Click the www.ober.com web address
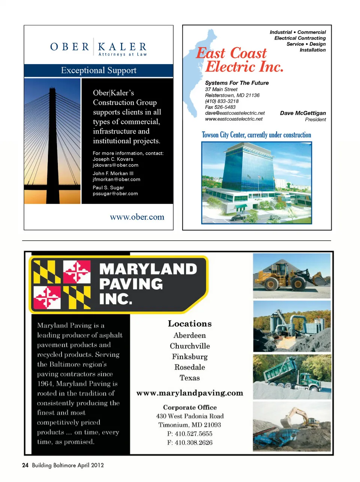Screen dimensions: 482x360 coord(137,217)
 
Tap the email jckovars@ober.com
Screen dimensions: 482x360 coord(115,165)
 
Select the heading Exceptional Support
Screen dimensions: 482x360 coord(99,71)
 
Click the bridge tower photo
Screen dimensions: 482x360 coord(52,141)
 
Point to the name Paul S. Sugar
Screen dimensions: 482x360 coord(108,188)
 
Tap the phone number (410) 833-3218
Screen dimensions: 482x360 coord(222,101)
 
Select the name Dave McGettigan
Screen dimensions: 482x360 coord(303,113)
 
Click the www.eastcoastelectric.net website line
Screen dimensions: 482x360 coord(234,119)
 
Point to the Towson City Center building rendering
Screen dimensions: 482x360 coord(256,183)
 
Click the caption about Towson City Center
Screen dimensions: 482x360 coord(256,135)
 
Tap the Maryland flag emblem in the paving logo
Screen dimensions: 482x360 coord(62,284)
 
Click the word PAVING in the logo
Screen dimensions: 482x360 coord(131,284)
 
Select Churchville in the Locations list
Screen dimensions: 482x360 coord(190,346)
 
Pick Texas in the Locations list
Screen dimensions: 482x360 coord(190,378)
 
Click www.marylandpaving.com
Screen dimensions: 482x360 coord(190,393)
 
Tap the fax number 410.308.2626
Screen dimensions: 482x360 coord(190,443)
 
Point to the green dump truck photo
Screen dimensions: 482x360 coord(292,377)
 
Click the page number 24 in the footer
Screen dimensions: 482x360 coord(25,465)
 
